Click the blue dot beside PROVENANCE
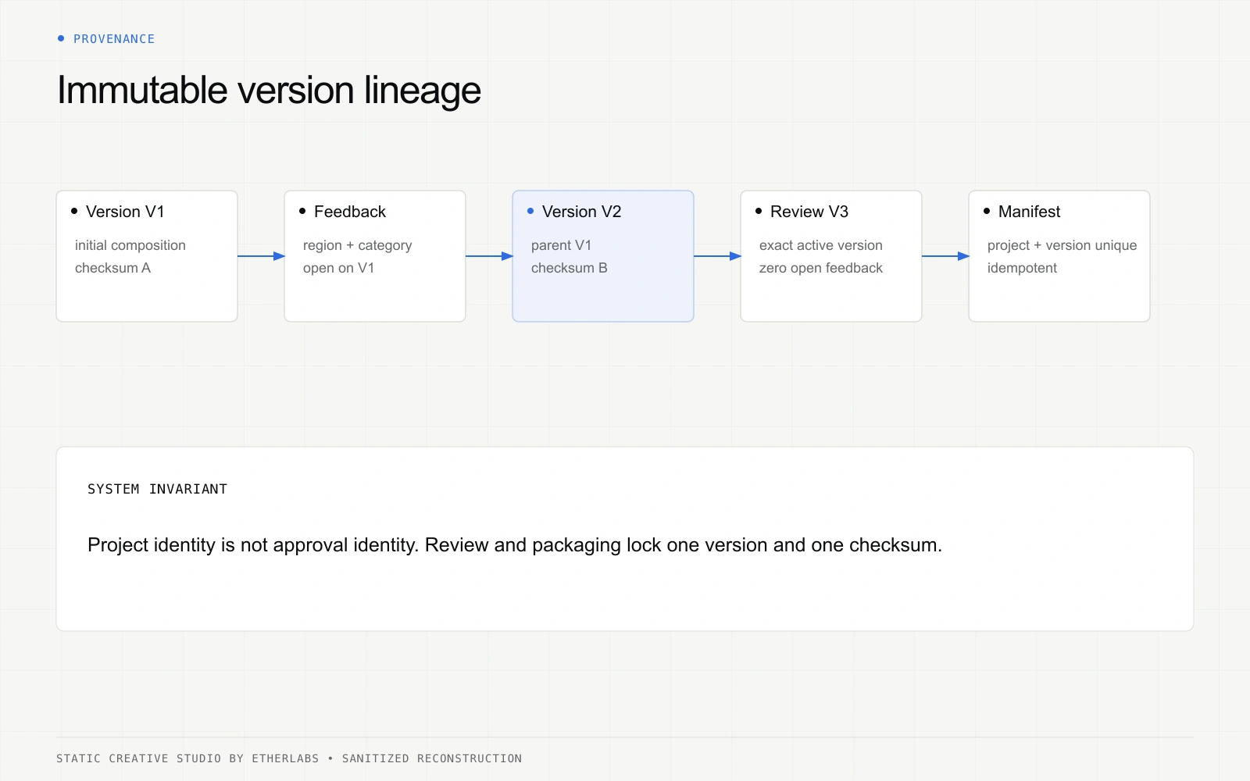pos(61,38)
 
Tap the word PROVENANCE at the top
pos(114,39)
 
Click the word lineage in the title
pos(423,91)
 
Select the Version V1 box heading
pos(125,212)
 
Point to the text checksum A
pos(112,268)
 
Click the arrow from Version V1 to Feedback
pos(261,256)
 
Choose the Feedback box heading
pos(350,212)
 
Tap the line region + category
pos(357,245)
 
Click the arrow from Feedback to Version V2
pos(489,256)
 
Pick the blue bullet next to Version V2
pos(530,211)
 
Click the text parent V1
pos(561,245)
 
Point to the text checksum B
pos(570,268)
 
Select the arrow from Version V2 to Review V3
pos(718,256)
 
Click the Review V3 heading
pos(809,212)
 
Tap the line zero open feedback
pos(821,268)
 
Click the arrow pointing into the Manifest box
pos(946,256)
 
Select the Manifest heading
pos(1029,212)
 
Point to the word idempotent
pos(1022,268)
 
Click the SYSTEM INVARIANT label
pos(157,489)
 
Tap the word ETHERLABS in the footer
pos(285,758)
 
